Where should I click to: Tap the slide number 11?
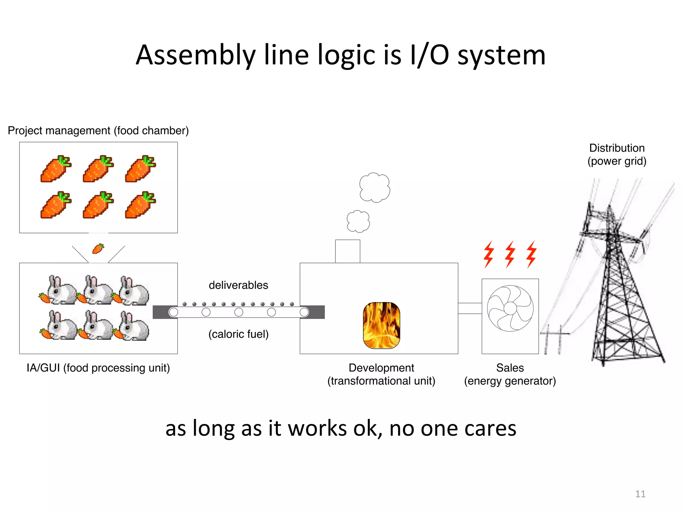click(640, 494)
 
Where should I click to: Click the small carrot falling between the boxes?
click(98, 249)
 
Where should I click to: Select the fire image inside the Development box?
click(381, 325)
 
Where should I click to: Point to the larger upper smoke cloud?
click(375, 187)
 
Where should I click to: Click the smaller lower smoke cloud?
click(358, 221)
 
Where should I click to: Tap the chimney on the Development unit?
click(347, 251)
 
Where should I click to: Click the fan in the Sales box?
click(510, 308)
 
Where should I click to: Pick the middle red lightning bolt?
click(510, 254)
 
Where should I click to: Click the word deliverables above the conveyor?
click(238, 285)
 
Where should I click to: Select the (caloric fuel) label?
click(238, 334)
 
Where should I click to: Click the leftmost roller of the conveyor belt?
click(173, 312)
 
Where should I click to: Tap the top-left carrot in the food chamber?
click(56, 169)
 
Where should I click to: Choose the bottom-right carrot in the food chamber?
click(140, 205)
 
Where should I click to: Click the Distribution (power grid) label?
click(617, 154)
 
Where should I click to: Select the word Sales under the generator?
click(510, 368)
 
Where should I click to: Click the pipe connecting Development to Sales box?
click(470, 308)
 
